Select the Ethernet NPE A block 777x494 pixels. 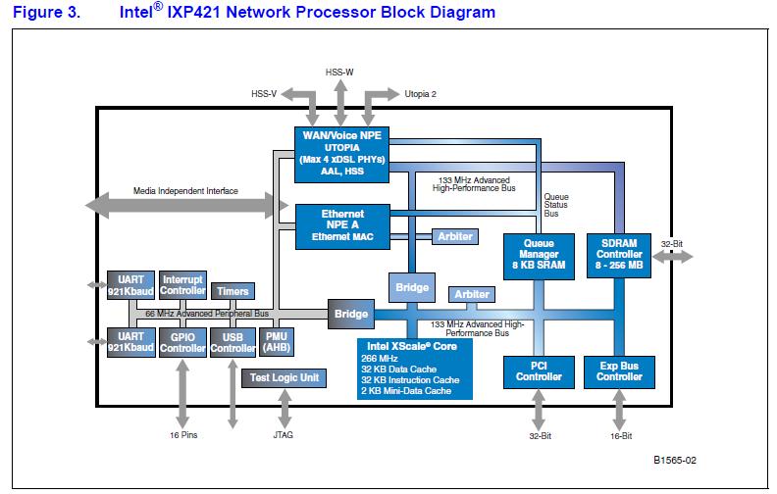pos(342,224)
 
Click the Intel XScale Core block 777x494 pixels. pos(414,368)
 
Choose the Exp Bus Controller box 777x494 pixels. pos(619,370)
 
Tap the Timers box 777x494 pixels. pos(233,291)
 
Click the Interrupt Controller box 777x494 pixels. pos(182,285)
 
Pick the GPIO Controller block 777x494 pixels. pos(182,343)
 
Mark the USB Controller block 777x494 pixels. pos(233,343)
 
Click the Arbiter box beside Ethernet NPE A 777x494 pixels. pos(456,236)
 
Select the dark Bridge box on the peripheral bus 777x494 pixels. pos(350,314)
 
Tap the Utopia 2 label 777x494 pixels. pos(420,95)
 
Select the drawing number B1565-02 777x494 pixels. pos(676,459)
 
